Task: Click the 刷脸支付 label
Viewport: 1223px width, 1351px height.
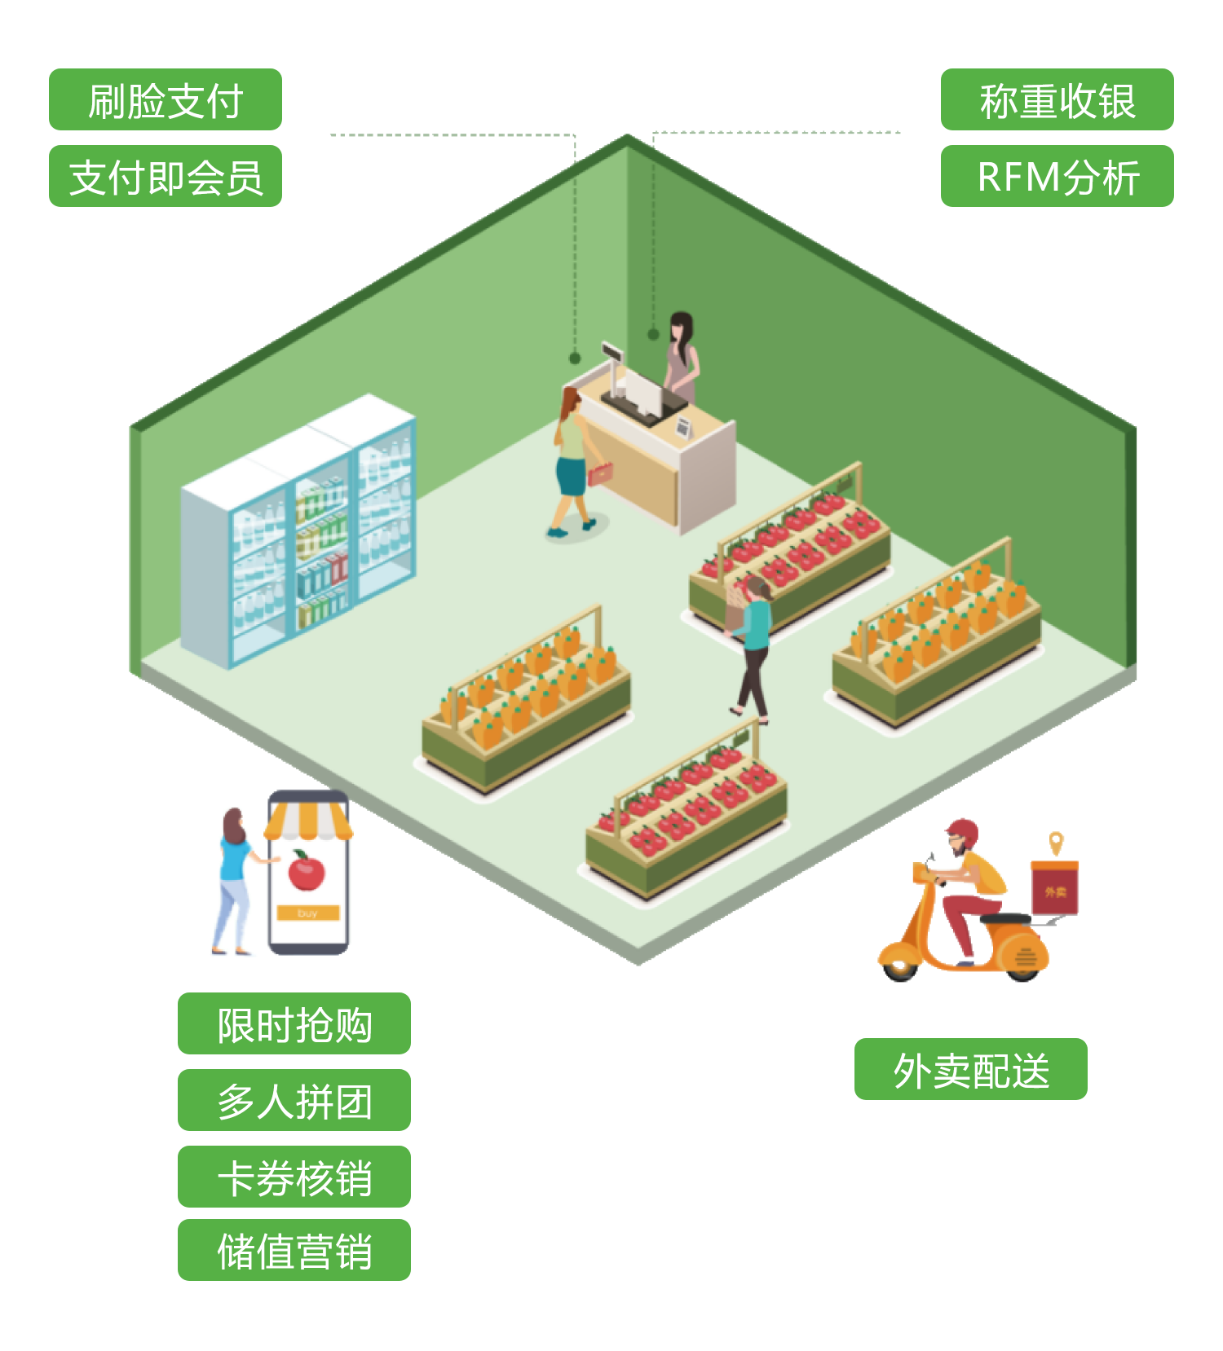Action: [165, 100]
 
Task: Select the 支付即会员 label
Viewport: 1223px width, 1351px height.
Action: [165, 177]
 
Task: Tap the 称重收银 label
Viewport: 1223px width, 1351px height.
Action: [1057, 100]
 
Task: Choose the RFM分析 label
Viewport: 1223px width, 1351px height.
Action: [1057, 177]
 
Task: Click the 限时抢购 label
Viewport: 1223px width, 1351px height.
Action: [294, 1024]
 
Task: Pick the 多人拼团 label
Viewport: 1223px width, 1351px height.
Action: [294, 1101]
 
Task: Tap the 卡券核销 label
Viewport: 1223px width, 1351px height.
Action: [294, 1177]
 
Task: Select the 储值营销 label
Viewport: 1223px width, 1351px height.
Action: [294, 1251]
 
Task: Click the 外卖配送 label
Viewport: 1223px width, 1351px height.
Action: [970, 1070]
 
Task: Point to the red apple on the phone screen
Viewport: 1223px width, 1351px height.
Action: [307, 872]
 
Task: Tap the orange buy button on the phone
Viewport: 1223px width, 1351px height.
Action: [307, 913]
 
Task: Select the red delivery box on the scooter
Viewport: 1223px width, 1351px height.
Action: [1054, 889]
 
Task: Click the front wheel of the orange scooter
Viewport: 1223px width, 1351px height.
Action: [899, 966]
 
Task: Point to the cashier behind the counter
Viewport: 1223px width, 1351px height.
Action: [681, 359]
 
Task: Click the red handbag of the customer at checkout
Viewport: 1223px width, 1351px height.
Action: [601, 473]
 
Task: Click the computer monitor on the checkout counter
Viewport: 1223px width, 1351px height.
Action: [644, 391]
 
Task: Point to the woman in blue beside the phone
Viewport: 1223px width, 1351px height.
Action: [234, 880]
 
